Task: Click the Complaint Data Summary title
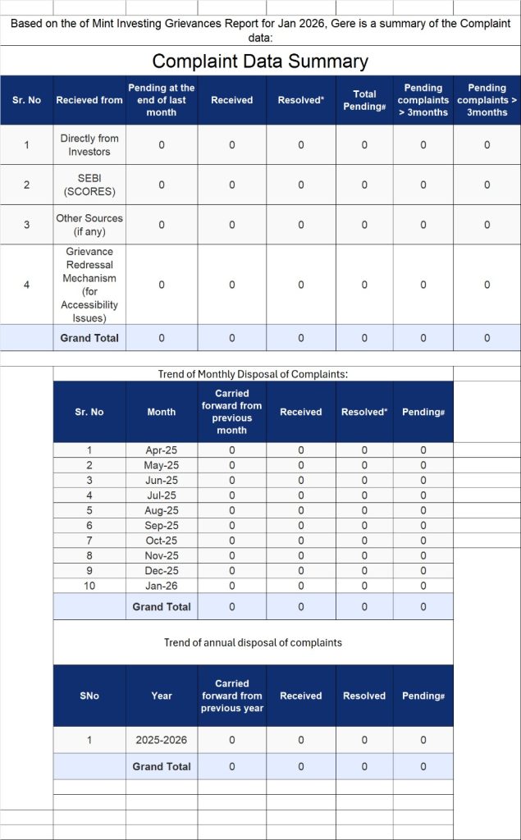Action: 260,62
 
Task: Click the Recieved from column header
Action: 89,100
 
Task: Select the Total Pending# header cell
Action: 364,100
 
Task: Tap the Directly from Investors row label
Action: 89,145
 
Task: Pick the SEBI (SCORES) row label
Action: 89,185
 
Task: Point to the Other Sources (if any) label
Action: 89,225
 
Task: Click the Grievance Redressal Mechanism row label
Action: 89,285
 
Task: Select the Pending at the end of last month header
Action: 162,100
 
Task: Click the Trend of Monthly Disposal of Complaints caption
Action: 253,374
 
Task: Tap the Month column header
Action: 162,412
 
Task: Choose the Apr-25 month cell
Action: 161,450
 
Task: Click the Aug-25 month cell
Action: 161,510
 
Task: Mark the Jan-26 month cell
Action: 161,586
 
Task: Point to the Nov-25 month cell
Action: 161,555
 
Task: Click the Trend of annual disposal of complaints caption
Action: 253,642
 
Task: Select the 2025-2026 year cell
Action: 161,740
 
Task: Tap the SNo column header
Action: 89,696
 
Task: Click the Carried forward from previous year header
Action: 231,696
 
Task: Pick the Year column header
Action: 162,696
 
